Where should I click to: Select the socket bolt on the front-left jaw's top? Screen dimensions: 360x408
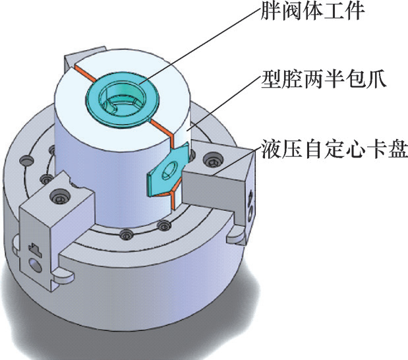click(61, 196)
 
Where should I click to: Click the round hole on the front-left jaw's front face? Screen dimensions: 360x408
click(34, 266)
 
